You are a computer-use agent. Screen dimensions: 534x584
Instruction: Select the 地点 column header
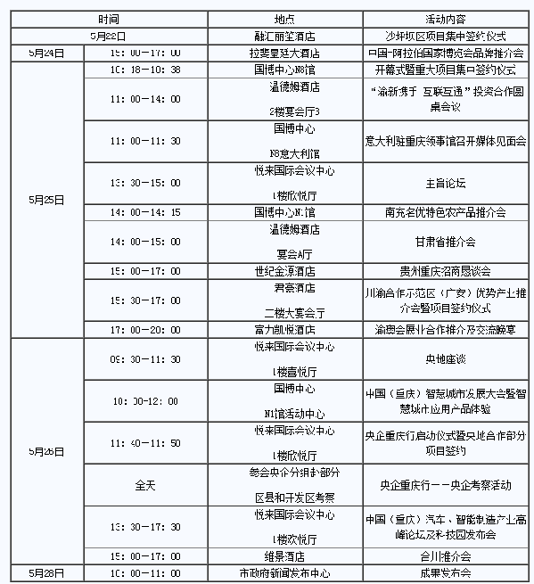[285, 18]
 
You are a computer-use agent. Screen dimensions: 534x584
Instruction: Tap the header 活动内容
[447, 18]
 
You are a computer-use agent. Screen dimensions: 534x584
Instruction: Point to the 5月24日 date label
[46, 53]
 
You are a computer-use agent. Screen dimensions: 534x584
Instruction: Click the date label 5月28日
[46, 572]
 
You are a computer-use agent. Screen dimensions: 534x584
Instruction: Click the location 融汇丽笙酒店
[285, 36]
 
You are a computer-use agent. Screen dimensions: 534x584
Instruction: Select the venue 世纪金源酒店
[285, 270]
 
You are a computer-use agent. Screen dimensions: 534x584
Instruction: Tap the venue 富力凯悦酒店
[285, 329]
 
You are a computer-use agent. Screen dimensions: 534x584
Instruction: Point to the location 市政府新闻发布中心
[285, 572]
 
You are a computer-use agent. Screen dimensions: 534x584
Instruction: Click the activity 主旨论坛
[447, 184]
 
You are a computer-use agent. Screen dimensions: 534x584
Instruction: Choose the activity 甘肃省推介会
[447, 242]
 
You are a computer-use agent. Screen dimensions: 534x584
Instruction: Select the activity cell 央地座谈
[447, 360]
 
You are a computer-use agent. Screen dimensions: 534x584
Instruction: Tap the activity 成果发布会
[447, 572]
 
